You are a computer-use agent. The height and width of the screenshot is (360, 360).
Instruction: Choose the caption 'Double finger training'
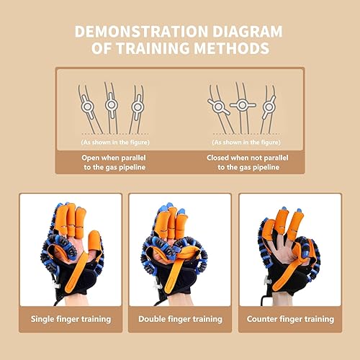180,319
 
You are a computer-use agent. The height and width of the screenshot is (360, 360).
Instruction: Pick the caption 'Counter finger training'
291,319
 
